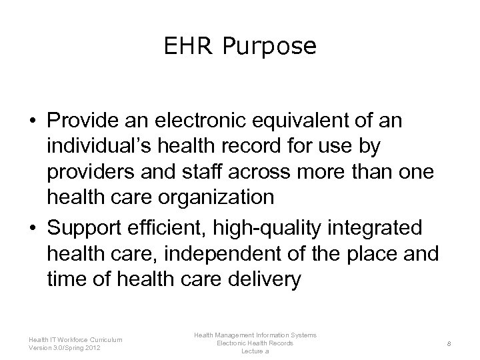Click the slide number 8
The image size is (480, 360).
click(x=450, y=343)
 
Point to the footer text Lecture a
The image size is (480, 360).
click(x=255, y=351)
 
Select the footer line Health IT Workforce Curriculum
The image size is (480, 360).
click(x=75, y=339)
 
